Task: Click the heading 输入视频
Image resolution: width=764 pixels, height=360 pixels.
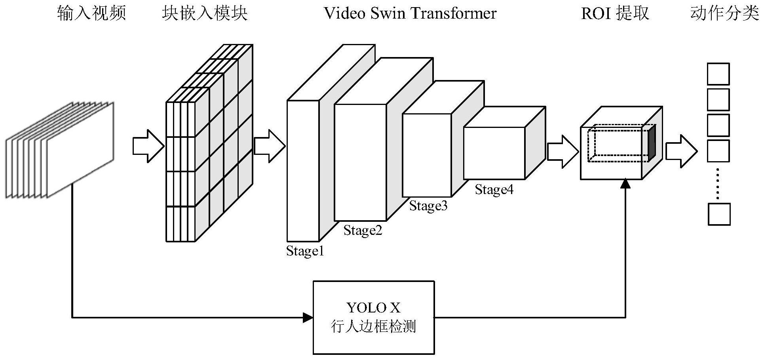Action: coord(91,13)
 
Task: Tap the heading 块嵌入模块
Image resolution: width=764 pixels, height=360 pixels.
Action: coord(205,13)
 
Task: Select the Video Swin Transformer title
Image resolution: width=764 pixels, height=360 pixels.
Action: coord(410,13)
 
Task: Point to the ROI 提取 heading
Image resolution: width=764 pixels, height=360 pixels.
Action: coord(615,13)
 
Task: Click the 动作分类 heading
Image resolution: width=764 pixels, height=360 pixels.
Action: coord(724,13)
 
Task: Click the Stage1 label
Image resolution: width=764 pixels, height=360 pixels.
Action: coord(305,251)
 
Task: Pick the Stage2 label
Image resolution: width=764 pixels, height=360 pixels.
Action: coord(363,230)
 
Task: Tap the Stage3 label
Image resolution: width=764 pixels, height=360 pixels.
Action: coord(428,206)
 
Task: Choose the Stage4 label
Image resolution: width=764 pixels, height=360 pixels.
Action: coord(494,190)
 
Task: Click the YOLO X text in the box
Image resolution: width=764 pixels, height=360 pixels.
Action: coord(373,308)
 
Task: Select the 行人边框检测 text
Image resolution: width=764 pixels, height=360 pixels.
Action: coord(373,327)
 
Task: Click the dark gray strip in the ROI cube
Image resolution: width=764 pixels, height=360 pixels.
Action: coord(652,143)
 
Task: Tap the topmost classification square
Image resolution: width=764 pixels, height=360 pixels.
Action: coord(718,74)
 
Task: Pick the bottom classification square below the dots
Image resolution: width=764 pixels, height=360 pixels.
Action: coord(719,214)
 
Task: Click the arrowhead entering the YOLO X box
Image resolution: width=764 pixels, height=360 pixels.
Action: coord(308,317)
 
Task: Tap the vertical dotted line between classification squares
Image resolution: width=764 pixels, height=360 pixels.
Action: coord(718,183)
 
